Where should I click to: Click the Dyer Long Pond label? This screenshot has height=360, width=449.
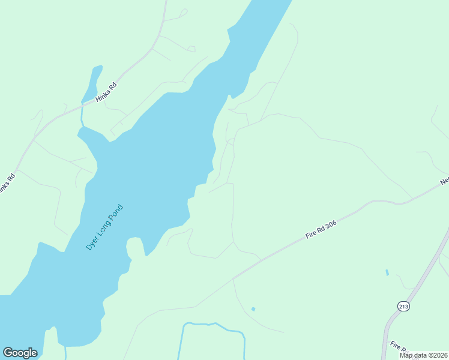(x=104, y=227)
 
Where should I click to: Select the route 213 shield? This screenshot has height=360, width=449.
(x=403, y=306)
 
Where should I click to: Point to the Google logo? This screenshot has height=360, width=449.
(x=20, y=353)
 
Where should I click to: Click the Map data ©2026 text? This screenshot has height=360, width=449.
(x=423, y=355)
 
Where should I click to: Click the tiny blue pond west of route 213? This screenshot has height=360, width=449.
(x=387, y=272)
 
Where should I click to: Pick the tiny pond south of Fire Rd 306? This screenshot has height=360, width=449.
(x=253, y=309)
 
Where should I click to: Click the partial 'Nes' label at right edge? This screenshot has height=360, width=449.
(x=444, y=180)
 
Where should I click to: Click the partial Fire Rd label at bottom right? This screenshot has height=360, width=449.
(x=397, y=346)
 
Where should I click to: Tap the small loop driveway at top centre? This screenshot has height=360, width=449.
(x=183, y=12)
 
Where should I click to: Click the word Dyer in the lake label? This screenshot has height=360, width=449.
(x=91, y=244)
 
